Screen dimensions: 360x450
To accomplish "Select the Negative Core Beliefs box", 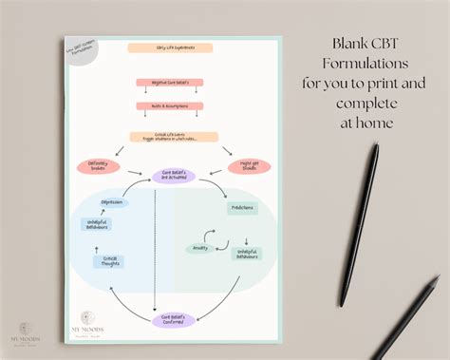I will [x=163, y=83].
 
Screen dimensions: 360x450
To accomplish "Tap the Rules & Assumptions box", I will [x=163, y=105].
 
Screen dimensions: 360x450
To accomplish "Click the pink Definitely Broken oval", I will [x=98, y=167].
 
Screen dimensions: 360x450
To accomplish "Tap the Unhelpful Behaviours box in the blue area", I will [x=95, y=225].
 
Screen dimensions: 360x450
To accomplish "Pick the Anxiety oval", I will [x=200, y=249].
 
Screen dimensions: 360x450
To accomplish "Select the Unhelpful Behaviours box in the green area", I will [x=249, y=254].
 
